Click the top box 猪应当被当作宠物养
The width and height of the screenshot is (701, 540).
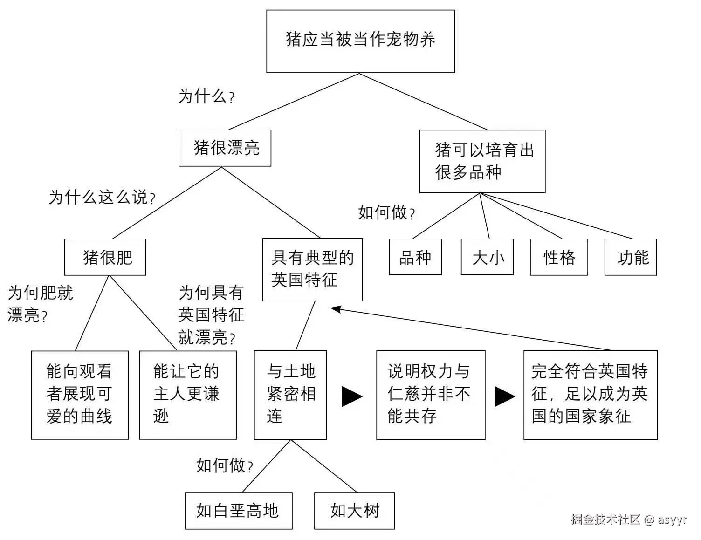click(x=360, y=41)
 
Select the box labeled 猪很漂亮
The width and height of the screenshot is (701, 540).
click(x=225, y=148)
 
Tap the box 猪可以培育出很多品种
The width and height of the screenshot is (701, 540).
click(x=482, y=161)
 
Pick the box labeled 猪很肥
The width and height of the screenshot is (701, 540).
click(x=105, y=257)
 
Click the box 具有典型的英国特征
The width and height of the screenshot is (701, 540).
click(x=312, y=269)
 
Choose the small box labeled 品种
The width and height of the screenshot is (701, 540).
click(x=415, y=257)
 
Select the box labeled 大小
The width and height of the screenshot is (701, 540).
click(x=487, y=257)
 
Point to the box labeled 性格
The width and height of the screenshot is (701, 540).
click(x=559, y=257)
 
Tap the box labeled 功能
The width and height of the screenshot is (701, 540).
click(x=630, y=257)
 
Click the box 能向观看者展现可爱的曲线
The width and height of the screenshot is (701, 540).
click(x=80, y=395)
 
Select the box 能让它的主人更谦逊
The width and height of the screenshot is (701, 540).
click(x=188, y=395)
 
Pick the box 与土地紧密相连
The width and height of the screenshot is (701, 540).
click(x=290, y=395)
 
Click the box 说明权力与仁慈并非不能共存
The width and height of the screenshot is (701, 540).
click(x=431, y=395)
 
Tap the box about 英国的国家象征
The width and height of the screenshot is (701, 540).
click(x=590, y=395)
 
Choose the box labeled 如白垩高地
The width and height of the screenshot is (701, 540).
click(x=238, y=511)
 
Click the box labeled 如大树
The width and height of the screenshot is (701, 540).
click(x=354, y=511)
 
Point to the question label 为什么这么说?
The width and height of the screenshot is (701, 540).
click(x=102, y=197)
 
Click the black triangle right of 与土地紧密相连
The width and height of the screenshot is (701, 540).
click(x=352, y=396)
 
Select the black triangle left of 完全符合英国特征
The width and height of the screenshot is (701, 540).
click(x=504, y=396)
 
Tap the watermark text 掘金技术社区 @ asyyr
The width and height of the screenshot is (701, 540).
click(x=629, y=519)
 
